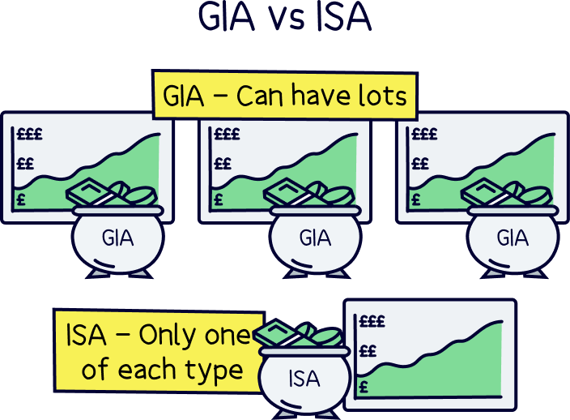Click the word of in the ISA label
[95, 370]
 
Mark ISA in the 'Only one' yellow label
[85, 334]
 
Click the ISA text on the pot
[304, 378]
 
